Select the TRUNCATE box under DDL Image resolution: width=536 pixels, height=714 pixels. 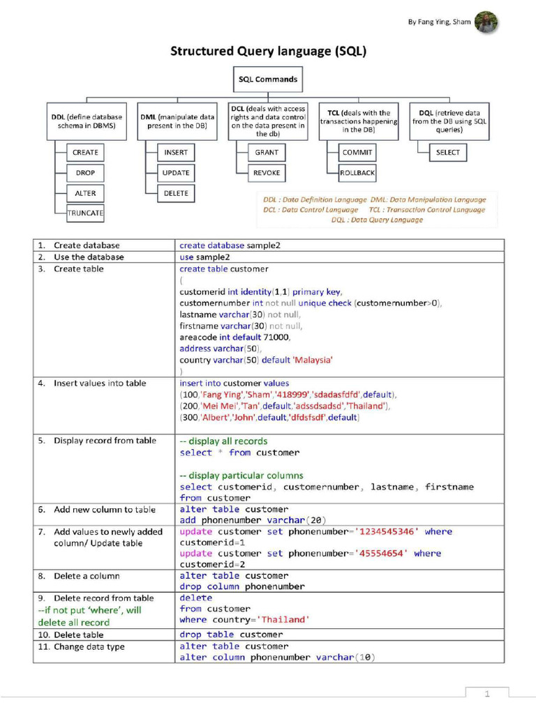(85, 213)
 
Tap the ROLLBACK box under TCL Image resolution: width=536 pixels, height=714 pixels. (357, 172)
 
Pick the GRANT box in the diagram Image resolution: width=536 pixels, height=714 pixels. (267, 152)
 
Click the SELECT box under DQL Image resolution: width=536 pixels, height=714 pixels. (447, 152)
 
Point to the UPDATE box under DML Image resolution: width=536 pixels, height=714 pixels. (176, 172)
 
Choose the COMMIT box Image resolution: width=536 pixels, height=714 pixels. (357, 152)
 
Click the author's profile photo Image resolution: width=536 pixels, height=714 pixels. (487, 22)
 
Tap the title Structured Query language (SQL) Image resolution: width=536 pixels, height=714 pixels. (269, 51)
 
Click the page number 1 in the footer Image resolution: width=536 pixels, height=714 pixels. (487, 693)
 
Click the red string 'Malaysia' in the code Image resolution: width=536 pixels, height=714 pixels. (313, 360)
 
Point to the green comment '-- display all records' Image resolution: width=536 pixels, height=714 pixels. (223, 441)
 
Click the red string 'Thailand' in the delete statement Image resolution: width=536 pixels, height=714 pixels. (283, 619)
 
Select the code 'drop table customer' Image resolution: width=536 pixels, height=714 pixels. (231, 635)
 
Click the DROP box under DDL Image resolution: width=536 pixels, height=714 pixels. (85, 172)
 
